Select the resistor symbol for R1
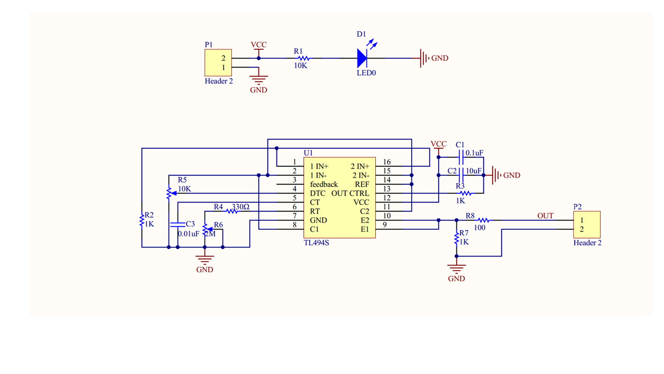click(304, 58)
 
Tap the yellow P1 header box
click(218, 63)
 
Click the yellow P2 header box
click(587, 224)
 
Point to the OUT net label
click(545, 216)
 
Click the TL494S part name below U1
click(316, 243)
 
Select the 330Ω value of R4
click(240, 207)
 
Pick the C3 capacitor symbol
click(178, 225)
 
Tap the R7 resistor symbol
click(456, 239)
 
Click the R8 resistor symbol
click(483, 220)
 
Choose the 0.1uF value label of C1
click(474, 153)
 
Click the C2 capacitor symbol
click(461, 175)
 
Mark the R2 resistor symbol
click(142, 220)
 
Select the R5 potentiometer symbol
click(169, 193)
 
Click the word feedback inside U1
click(324, 184)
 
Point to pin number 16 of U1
click(387, 162)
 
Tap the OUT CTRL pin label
click(350, 193)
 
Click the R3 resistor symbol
click(465, 193)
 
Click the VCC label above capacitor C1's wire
click(439, 144)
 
